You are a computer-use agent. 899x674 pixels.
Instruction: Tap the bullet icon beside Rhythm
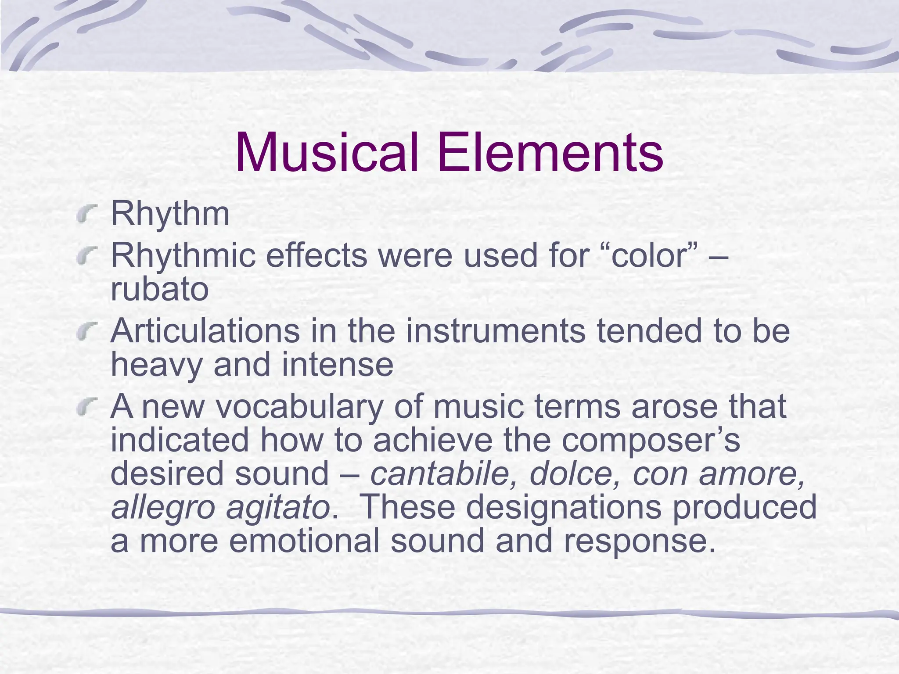pos(86,215)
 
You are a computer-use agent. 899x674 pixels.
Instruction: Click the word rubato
pos(159,290)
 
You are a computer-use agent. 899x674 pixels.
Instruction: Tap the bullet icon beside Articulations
pos(86,332)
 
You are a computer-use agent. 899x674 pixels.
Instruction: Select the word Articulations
pos(205,331)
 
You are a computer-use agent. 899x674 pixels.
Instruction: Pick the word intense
pos(337,365)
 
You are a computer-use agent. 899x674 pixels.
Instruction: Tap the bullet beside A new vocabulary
pos(86,408)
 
